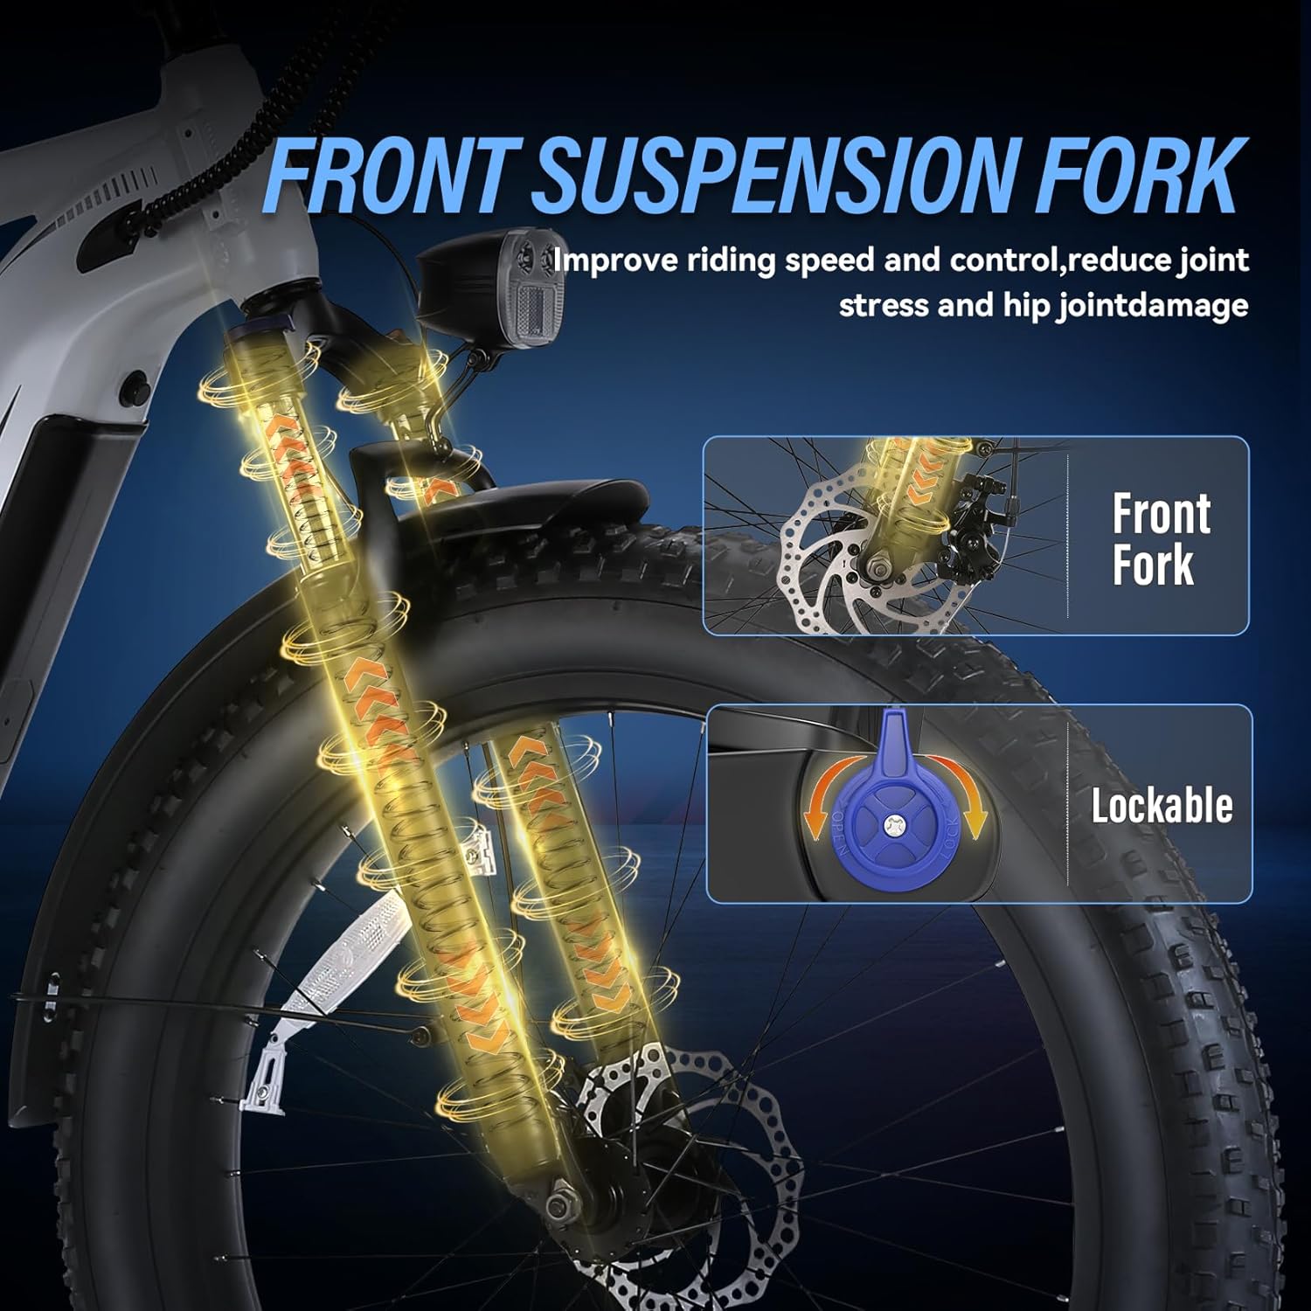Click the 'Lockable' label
(1162, 805)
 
